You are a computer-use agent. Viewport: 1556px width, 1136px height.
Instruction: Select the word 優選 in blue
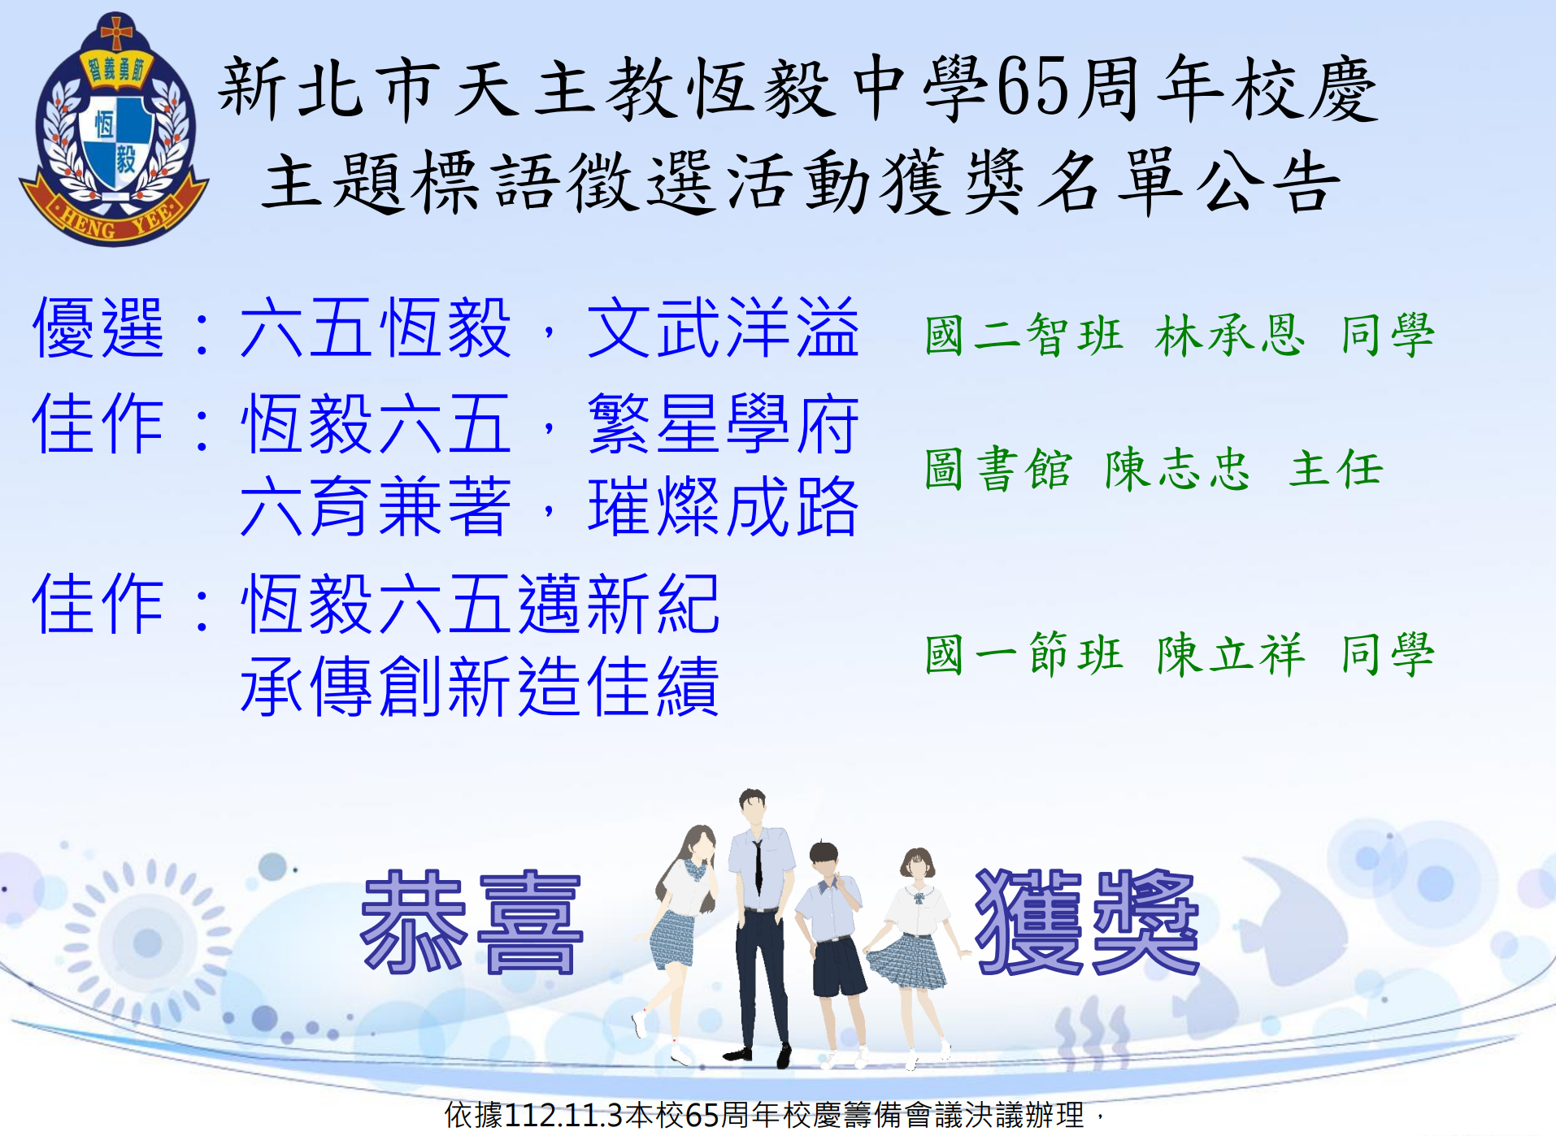[x=98, y=327]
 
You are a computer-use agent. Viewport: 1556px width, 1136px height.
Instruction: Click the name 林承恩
[x=1229, y=335]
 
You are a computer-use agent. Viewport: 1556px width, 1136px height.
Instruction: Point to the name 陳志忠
[x=1177, y=469]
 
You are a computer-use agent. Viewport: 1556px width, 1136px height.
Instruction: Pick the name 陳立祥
[x=1231, y=654]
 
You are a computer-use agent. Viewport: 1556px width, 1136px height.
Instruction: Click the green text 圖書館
[x=998, y=469]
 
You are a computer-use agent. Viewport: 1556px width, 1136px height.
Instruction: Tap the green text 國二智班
[x=1024, y=335]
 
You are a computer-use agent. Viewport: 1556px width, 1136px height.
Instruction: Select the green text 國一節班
[x=1024, y=654]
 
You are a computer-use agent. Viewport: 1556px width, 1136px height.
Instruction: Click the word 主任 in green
[x=1336, y=469]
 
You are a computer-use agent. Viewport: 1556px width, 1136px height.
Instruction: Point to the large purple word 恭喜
[x=472, y=922]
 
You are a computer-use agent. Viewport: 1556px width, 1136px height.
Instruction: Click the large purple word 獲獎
[x=1087, y=922]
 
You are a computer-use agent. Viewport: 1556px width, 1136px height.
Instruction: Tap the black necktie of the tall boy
[x=758, y=867]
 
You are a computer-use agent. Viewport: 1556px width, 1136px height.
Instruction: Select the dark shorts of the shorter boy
[x=839, y=967]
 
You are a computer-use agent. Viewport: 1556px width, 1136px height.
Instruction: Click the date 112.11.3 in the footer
[x=563, y=1115]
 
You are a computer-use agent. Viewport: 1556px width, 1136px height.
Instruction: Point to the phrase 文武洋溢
[x=724, y=327]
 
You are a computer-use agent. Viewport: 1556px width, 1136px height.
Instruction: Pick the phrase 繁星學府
[x=724, y=423]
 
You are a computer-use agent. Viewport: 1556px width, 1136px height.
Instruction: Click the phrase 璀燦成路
[x=724, y=507]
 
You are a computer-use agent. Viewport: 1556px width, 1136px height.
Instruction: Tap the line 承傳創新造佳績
[x=480, y=687]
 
